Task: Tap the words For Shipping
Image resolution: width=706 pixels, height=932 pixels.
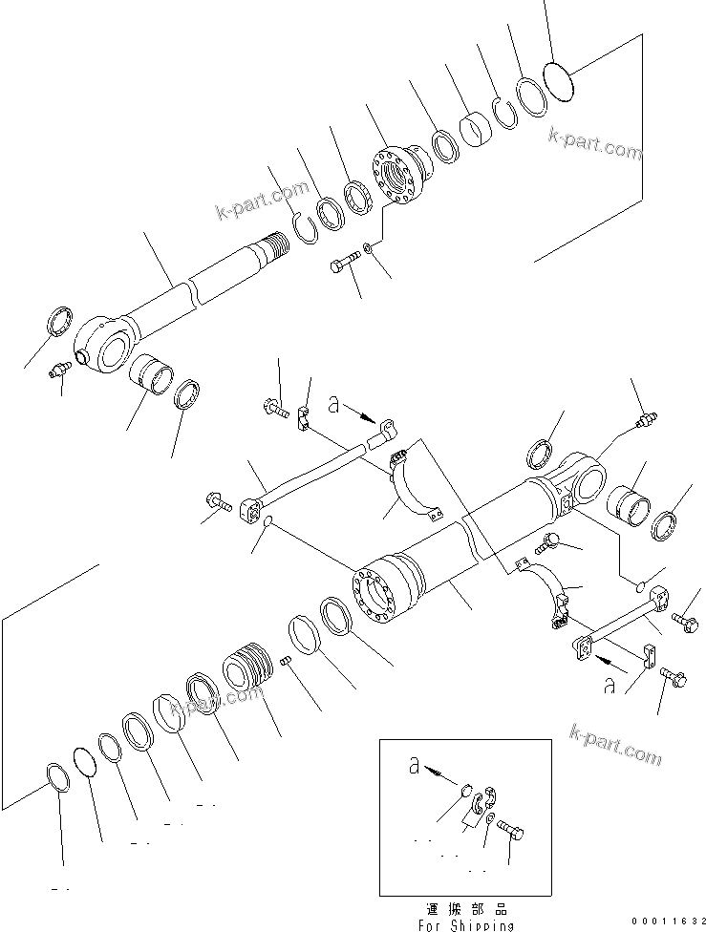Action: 464,924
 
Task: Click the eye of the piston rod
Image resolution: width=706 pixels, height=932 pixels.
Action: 104,341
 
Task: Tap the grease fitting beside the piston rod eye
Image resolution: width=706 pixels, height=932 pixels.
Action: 60,370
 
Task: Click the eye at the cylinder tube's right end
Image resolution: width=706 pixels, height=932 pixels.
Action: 586,478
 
